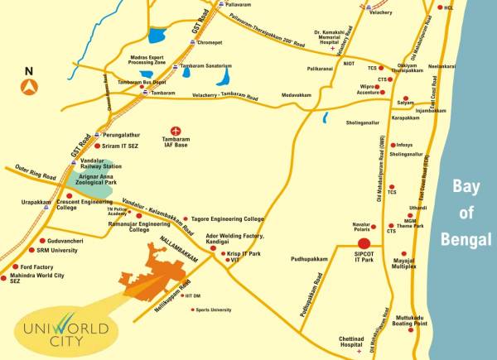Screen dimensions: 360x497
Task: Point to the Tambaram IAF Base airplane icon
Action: click(175, 131)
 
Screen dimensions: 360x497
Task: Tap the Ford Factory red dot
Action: click(15, 267)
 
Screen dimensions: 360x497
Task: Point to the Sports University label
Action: click(214, 310)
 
